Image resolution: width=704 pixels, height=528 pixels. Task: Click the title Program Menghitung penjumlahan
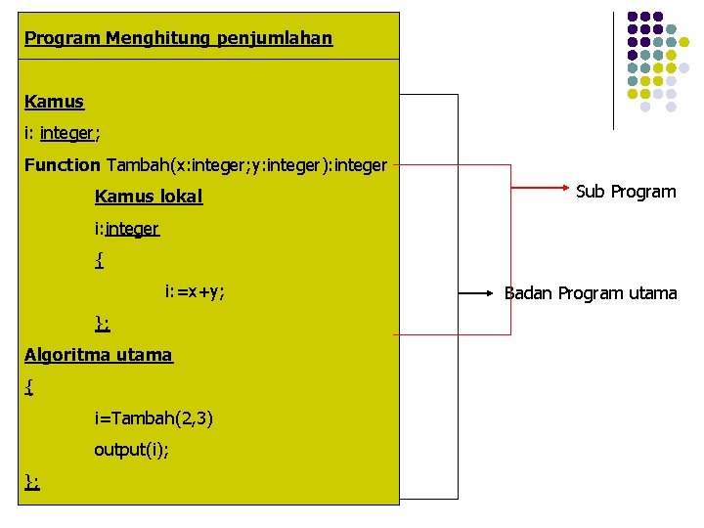178,39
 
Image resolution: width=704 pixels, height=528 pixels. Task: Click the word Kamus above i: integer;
54,102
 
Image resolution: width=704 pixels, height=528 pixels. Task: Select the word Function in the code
62,165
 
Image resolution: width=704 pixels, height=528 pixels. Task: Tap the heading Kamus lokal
148,197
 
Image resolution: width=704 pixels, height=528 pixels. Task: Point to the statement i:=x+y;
195,291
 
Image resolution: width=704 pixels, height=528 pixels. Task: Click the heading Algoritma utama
98,355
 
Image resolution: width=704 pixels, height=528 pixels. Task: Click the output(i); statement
131,450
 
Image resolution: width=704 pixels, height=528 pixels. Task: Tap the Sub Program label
626,192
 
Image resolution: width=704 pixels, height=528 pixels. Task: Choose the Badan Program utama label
591,292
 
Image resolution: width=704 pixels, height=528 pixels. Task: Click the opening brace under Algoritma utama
29,387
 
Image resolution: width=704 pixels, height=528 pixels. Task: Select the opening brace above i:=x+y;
99,260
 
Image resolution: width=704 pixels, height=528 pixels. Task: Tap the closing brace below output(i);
31,481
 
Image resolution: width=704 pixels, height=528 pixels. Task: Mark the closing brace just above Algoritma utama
102,324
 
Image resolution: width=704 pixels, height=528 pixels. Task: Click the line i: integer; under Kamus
63,133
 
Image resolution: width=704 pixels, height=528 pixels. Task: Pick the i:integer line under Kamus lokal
126,229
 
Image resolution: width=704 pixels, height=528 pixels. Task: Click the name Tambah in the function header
131,165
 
